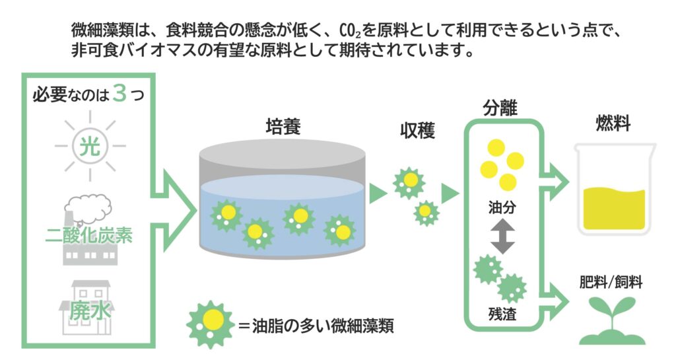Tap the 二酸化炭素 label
click(90, 234)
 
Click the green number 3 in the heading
click(119, 93)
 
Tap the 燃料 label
click(613, 123)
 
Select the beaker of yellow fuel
click(614, 192)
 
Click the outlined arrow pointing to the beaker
click(556, 178)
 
